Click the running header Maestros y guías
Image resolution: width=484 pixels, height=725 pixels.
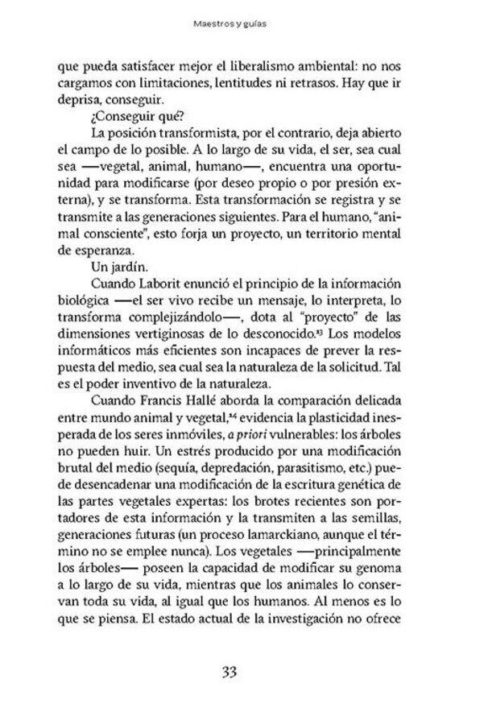[242, 25]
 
